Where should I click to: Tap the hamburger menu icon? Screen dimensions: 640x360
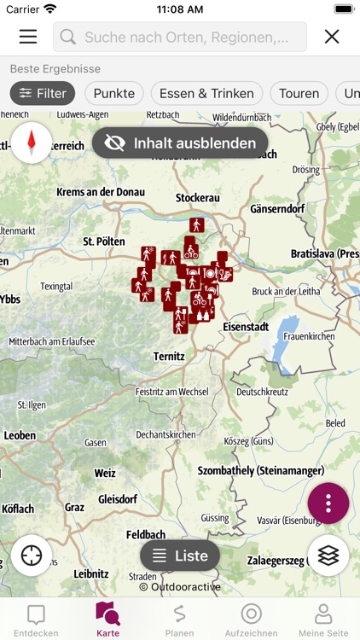coord(28,37)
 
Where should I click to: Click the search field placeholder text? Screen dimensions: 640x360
coord(195,37)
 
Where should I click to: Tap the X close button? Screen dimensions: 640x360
coord(332,37)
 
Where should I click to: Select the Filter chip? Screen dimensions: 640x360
coord(43,94)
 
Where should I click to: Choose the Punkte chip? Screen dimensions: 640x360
coord(114,94)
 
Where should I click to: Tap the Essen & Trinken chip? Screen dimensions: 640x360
coord(207,94)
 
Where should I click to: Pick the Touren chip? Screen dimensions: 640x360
coord(299,94)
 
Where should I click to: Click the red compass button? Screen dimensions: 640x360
coord(32,143)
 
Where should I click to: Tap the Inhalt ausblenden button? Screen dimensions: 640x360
coord(180,143)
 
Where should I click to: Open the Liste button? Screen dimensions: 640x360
coord(180,556)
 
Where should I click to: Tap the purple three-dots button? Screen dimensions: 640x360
coord(328,503)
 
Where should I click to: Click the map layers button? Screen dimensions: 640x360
coord(328,556)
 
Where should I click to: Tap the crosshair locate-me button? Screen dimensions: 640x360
coord(32,556)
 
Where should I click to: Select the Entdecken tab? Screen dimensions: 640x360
coord(36,620)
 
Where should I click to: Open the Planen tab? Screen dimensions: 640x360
coord(179,620)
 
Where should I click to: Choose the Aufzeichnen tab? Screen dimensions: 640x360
coord(251,620)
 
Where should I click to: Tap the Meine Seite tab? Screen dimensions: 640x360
coord(323,620)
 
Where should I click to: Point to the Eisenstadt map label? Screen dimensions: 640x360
coord(245,327)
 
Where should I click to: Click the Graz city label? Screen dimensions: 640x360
coord(74,507)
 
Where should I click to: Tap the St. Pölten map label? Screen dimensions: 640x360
coord(104,241)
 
